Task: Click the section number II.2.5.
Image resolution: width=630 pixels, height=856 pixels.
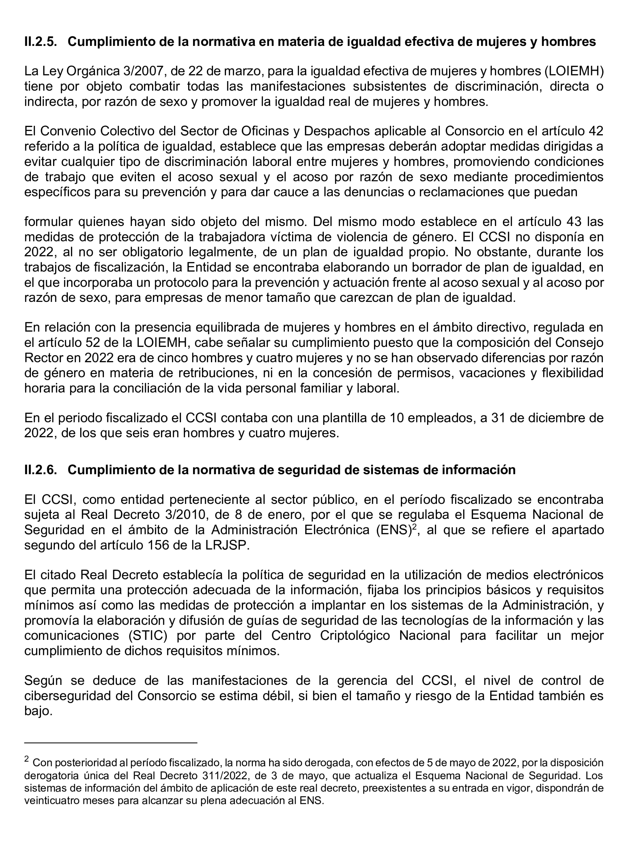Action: pos(40,42)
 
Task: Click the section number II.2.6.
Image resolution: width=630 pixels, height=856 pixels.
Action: pos(40,470)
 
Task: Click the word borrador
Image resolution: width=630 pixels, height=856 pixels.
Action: pos(432,267)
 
